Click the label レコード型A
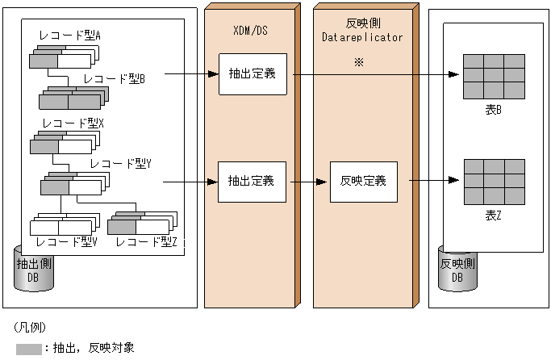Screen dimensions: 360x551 point(69,36)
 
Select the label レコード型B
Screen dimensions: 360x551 point(114,78)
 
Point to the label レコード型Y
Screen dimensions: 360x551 point(121,163)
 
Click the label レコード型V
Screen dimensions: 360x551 point(66,241)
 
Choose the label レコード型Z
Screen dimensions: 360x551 point(146,241)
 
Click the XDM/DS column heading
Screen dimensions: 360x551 point(250,29)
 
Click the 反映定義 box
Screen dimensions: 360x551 point(362,181)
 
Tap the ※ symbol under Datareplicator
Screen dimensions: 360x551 point(359,62)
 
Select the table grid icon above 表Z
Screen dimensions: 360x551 point(493,182)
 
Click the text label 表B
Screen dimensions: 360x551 point(493,110)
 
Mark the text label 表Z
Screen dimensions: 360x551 point(493,216)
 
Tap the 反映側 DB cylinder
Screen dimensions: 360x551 point(457,270)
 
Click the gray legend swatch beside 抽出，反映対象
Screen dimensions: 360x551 point(30,350)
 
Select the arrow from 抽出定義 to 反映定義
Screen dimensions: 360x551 point(307,182)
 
